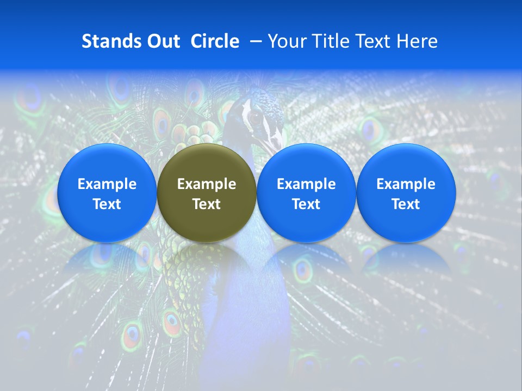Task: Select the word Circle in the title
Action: [x=215, y=41]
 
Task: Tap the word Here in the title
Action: [x=419, y=41]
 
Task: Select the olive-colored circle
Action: [x=207, y=193]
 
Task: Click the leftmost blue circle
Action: [x=107, y=193]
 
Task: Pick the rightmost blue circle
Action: [x=406, y=193]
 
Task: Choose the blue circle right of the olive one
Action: [x=306, y=193]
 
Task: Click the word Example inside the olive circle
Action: [x=207, y=184]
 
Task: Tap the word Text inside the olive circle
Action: [x=207, y=204]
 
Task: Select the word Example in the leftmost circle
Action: [x=107, y=184]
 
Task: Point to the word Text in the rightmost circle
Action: [x=406, y=204]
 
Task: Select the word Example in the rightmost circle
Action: [x=406, y=184]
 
